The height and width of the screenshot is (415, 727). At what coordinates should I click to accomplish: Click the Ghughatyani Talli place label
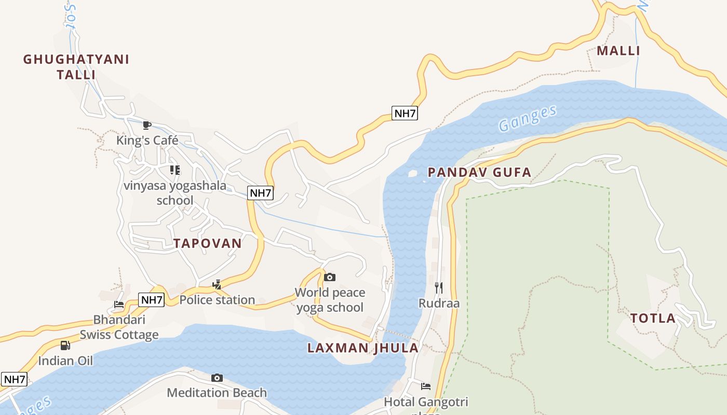click(76, 66)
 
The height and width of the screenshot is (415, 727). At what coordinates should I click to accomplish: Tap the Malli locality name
click(618, 51)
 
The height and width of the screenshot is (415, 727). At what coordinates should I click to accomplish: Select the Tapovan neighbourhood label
click(207, 243)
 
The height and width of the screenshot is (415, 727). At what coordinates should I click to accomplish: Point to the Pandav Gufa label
click(479, 173)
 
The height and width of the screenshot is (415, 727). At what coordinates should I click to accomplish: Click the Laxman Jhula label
click(362, 348)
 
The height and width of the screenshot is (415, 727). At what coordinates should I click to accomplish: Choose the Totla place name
click(653, 319)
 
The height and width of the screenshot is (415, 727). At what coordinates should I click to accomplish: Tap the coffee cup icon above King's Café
click(147, 125)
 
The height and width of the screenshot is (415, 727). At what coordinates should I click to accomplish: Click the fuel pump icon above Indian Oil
click(65, 345)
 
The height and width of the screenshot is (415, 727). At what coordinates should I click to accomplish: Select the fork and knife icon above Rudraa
click(439, 288)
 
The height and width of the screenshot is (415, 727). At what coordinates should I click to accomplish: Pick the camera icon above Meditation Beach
click(217, 378)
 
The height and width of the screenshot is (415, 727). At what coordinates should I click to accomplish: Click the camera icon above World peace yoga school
click(329, 278)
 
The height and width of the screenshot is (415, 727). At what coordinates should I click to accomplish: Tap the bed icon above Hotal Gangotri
click(426, 386)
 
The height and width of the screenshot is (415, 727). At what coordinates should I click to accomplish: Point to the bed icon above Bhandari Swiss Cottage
click(119, 305)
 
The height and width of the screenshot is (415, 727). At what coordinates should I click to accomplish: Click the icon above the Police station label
click(217, 284)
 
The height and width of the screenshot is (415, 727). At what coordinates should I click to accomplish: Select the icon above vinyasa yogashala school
click(175, 170)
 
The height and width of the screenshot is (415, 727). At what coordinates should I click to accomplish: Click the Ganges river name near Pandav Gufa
click(527, 118)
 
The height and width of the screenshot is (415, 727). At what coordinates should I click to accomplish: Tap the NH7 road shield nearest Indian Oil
click(14, 379)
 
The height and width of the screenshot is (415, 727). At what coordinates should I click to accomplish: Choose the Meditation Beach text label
click(217, 393)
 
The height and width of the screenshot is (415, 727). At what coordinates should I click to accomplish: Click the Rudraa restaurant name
click(439, 303)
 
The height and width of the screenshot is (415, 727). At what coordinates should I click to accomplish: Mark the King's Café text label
click(147, 140)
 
